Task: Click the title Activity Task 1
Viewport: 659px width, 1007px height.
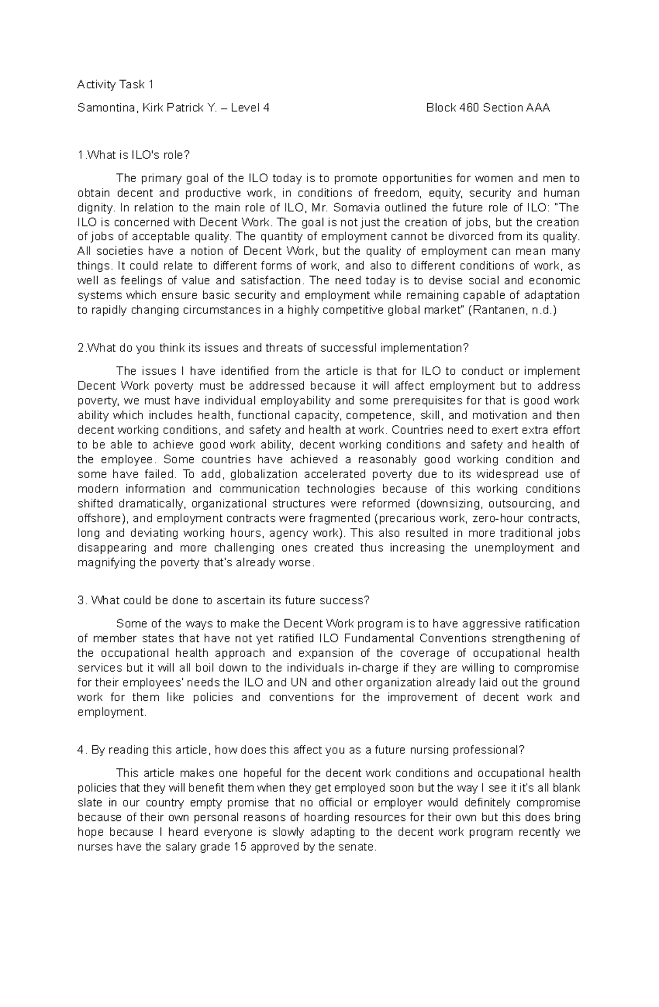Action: (x=115, y=85)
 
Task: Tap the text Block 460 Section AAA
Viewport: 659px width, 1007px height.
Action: (x=488, y=108)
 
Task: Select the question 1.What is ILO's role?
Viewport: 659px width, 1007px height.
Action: (x=133, y=155)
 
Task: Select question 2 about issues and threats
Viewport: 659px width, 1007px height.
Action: (x=274, y=348)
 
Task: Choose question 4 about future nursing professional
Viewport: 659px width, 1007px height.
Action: (x=301, y=750)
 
